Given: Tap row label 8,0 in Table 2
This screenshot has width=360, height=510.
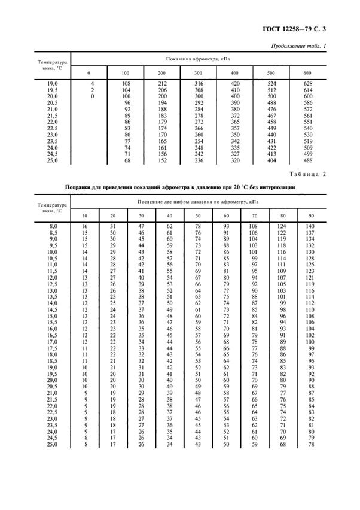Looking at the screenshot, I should (x=52, y=225).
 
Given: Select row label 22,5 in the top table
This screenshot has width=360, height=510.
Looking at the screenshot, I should (x=52, y=127).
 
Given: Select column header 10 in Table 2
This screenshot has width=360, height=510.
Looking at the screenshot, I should (x=85, y=215).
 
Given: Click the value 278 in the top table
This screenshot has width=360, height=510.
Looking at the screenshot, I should (x=197, y=115).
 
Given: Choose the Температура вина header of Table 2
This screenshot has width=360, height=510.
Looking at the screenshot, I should (x=52, y=208).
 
